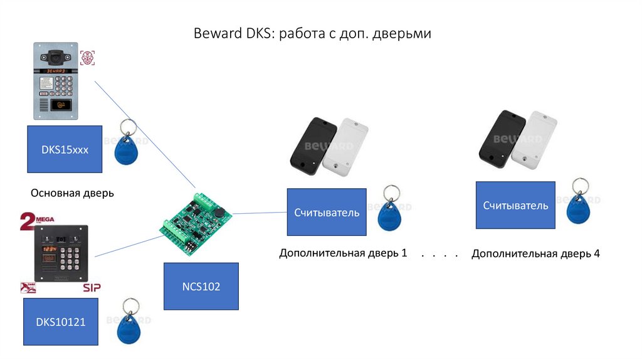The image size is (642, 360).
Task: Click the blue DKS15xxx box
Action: (65, 149)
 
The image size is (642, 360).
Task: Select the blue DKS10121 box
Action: (61, 322)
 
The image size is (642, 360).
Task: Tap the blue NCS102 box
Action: (201, 286)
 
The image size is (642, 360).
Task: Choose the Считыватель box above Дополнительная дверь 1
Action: (327, 212)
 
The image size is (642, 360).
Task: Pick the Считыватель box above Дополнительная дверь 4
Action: (515, 205)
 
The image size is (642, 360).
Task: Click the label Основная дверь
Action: (72, 193)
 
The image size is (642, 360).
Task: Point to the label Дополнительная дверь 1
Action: (343, 253)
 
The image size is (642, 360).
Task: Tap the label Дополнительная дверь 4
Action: (535, 253)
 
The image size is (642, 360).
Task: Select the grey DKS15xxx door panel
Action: (55, 81)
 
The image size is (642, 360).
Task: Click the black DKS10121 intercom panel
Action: (61, 253)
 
